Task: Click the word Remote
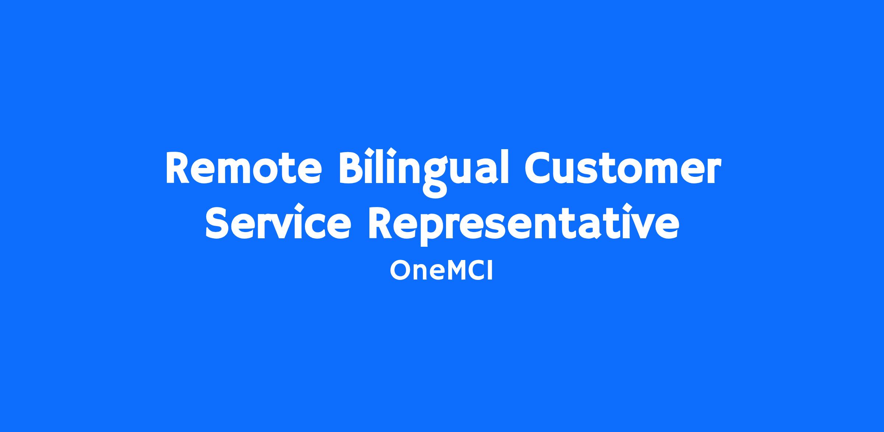click(244, 168)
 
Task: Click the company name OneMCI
click(441, 271)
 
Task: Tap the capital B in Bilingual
click(351, 168)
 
